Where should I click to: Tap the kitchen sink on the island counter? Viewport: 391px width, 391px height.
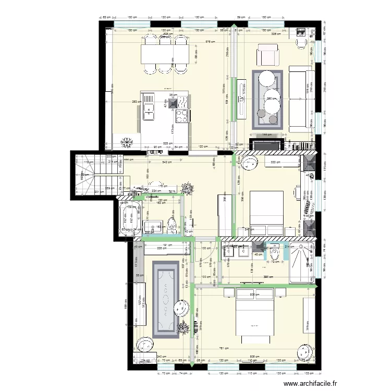coord(149,109)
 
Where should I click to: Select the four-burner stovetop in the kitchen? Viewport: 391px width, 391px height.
coord(182,116)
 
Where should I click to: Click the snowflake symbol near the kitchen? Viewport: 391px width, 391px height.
coord(127,142)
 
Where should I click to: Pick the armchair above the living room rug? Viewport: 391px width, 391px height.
coord(268,55)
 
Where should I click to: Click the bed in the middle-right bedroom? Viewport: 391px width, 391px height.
coord(266,212)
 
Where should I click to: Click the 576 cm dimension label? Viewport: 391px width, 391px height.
coord(209,41)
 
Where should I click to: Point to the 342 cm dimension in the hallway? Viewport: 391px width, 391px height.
coord(166,163)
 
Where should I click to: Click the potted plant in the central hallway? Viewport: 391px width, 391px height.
coord(188,188)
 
